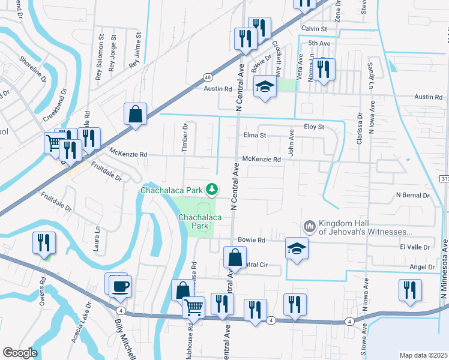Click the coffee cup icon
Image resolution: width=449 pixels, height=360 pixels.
tap(121, 286)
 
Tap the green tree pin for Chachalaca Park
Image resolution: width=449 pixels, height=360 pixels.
tap(211, 190)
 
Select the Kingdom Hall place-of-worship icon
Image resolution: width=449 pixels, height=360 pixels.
tap(310, 226)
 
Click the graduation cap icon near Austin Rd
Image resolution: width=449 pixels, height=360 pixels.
tap(265, 88)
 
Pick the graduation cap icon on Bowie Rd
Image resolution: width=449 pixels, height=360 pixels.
tap(297, 248)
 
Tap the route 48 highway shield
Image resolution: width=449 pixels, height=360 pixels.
tap(207, 77)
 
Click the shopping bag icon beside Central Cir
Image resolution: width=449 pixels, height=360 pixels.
tap(235, 258)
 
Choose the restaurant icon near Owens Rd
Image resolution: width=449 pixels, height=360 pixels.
tap(44, 243)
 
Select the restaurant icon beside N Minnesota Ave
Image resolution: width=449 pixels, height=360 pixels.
tap(410, 291)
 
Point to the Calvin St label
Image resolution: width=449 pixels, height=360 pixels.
tap(313, 28)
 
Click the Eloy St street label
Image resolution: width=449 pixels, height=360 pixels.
tap(313, 127)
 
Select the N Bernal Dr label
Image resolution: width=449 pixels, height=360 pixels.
tap(413, 196)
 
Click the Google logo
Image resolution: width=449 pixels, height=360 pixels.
tap(20, 353)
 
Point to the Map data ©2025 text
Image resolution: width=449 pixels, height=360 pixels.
tap(423, 355)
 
